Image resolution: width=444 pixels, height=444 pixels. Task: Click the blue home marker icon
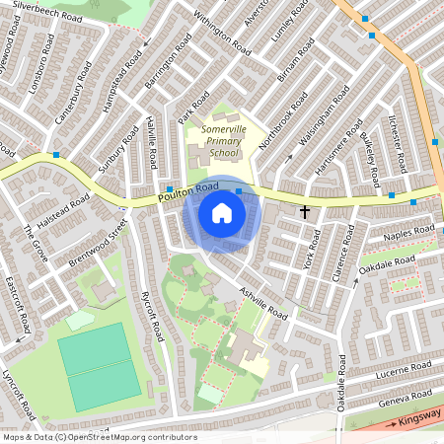(x=222, y=212)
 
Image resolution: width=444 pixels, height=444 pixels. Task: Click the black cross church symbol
(x=304, y=212)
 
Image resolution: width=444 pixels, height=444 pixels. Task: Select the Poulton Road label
(x=187, y=195)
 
